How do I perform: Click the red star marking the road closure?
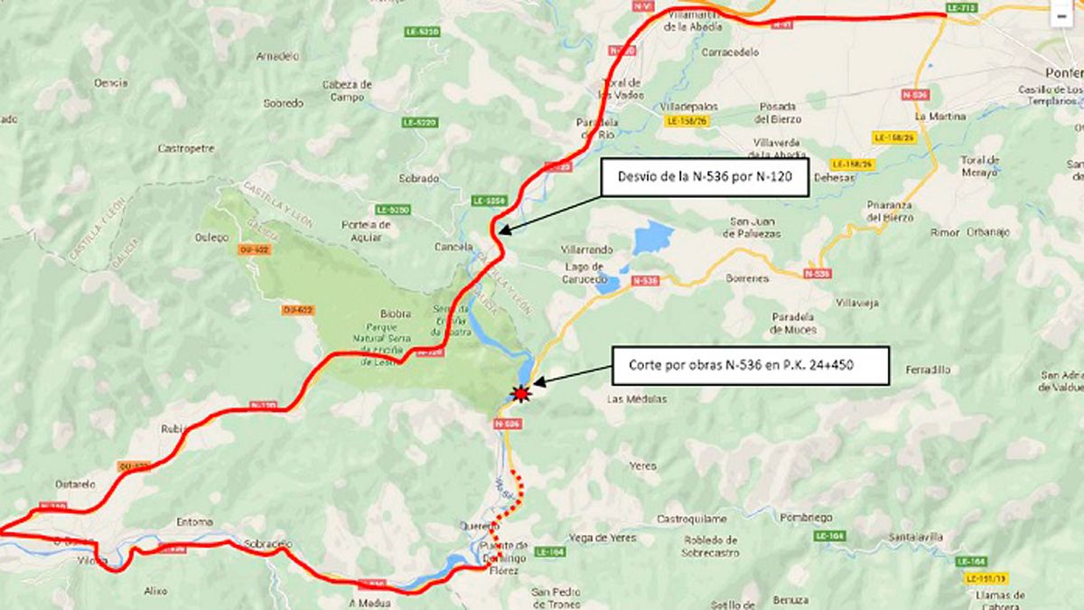[x=519, y=393]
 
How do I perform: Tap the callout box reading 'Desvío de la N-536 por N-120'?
[x=703, y=177]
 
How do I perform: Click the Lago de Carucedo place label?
[x=583, y=272]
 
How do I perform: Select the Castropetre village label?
[x=186, y=148]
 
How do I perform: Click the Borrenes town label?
[x=747, y=279]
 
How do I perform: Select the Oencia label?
[x=110, y=83]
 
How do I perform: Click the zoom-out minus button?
[x=1061, y=15]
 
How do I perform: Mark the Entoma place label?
[x=195, y=522]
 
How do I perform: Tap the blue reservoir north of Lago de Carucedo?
[x=653, y=239]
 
